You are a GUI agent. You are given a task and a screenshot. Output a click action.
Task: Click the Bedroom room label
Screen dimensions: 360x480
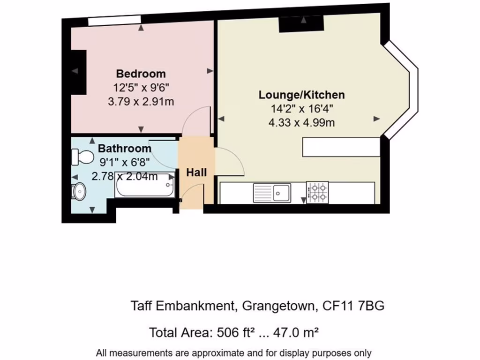point(141,74)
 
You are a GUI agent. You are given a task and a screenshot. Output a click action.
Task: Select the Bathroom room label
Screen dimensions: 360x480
point(124,149)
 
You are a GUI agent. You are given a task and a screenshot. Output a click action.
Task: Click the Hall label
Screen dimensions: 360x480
point(196,172)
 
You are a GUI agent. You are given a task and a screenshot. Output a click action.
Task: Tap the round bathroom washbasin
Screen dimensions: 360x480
point(79,191)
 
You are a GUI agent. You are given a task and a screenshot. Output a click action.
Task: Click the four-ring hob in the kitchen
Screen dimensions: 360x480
point(317,192)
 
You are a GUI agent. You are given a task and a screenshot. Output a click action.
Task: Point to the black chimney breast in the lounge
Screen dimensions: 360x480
point(301,23)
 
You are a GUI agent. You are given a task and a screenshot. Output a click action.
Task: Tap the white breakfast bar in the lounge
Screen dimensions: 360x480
point(340,147)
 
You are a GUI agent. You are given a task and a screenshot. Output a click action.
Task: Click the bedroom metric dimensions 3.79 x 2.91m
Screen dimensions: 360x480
point(141,101)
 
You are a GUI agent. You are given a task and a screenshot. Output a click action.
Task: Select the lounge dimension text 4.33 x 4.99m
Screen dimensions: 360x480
point(301,123)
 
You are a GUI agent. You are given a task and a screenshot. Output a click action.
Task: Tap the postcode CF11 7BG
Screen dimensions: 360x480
point(354,306)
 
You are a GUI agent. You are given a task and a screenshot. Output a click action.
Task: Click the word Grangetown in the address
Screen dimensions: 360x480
point(278,306)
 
